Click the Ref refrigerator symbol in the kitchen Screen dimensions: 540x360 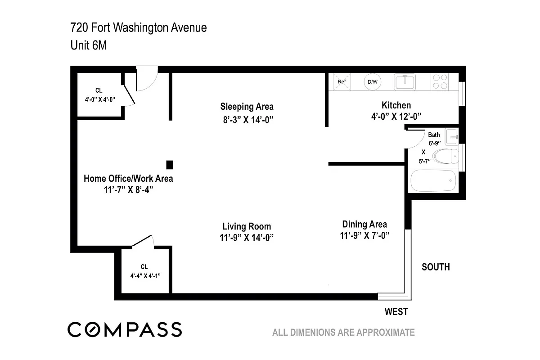[342, 82]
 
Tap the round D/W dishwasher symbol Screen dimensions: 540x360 [373, 82]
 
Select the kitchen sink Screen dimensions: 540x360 [405, 82]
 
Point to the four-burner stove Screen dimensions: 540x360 [440, 82]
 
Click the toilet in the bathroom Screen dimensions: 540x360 [446, 156]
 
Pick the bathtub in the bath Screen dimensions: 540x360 [433, 180]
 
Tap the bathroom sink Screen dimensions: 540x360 [451, 137]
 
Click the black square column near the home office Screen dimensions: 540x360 [170, 165]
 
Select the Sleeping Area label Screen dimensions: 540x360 [247, 107]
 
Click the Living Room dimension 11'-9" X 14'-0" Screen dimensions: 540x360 [247, 238]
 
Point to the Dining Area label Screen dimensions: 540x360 [364, 224]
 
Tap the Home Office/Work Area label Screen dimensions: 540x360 [128, 179]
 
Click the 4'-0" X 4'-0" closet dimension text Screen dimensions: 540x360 [100, 99]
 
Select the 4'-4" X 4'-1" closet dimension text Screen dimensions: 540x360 [145, 276]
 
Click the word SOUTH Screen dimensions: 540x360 [436, 267]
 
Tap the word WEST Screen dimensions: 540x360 [396, 312]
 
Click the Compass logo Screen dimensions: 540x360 [125, 329]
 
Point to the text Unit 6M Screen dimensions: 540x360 [89, 45]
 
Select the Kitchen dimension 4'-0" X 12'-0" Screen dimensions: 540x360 [396, 117]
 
